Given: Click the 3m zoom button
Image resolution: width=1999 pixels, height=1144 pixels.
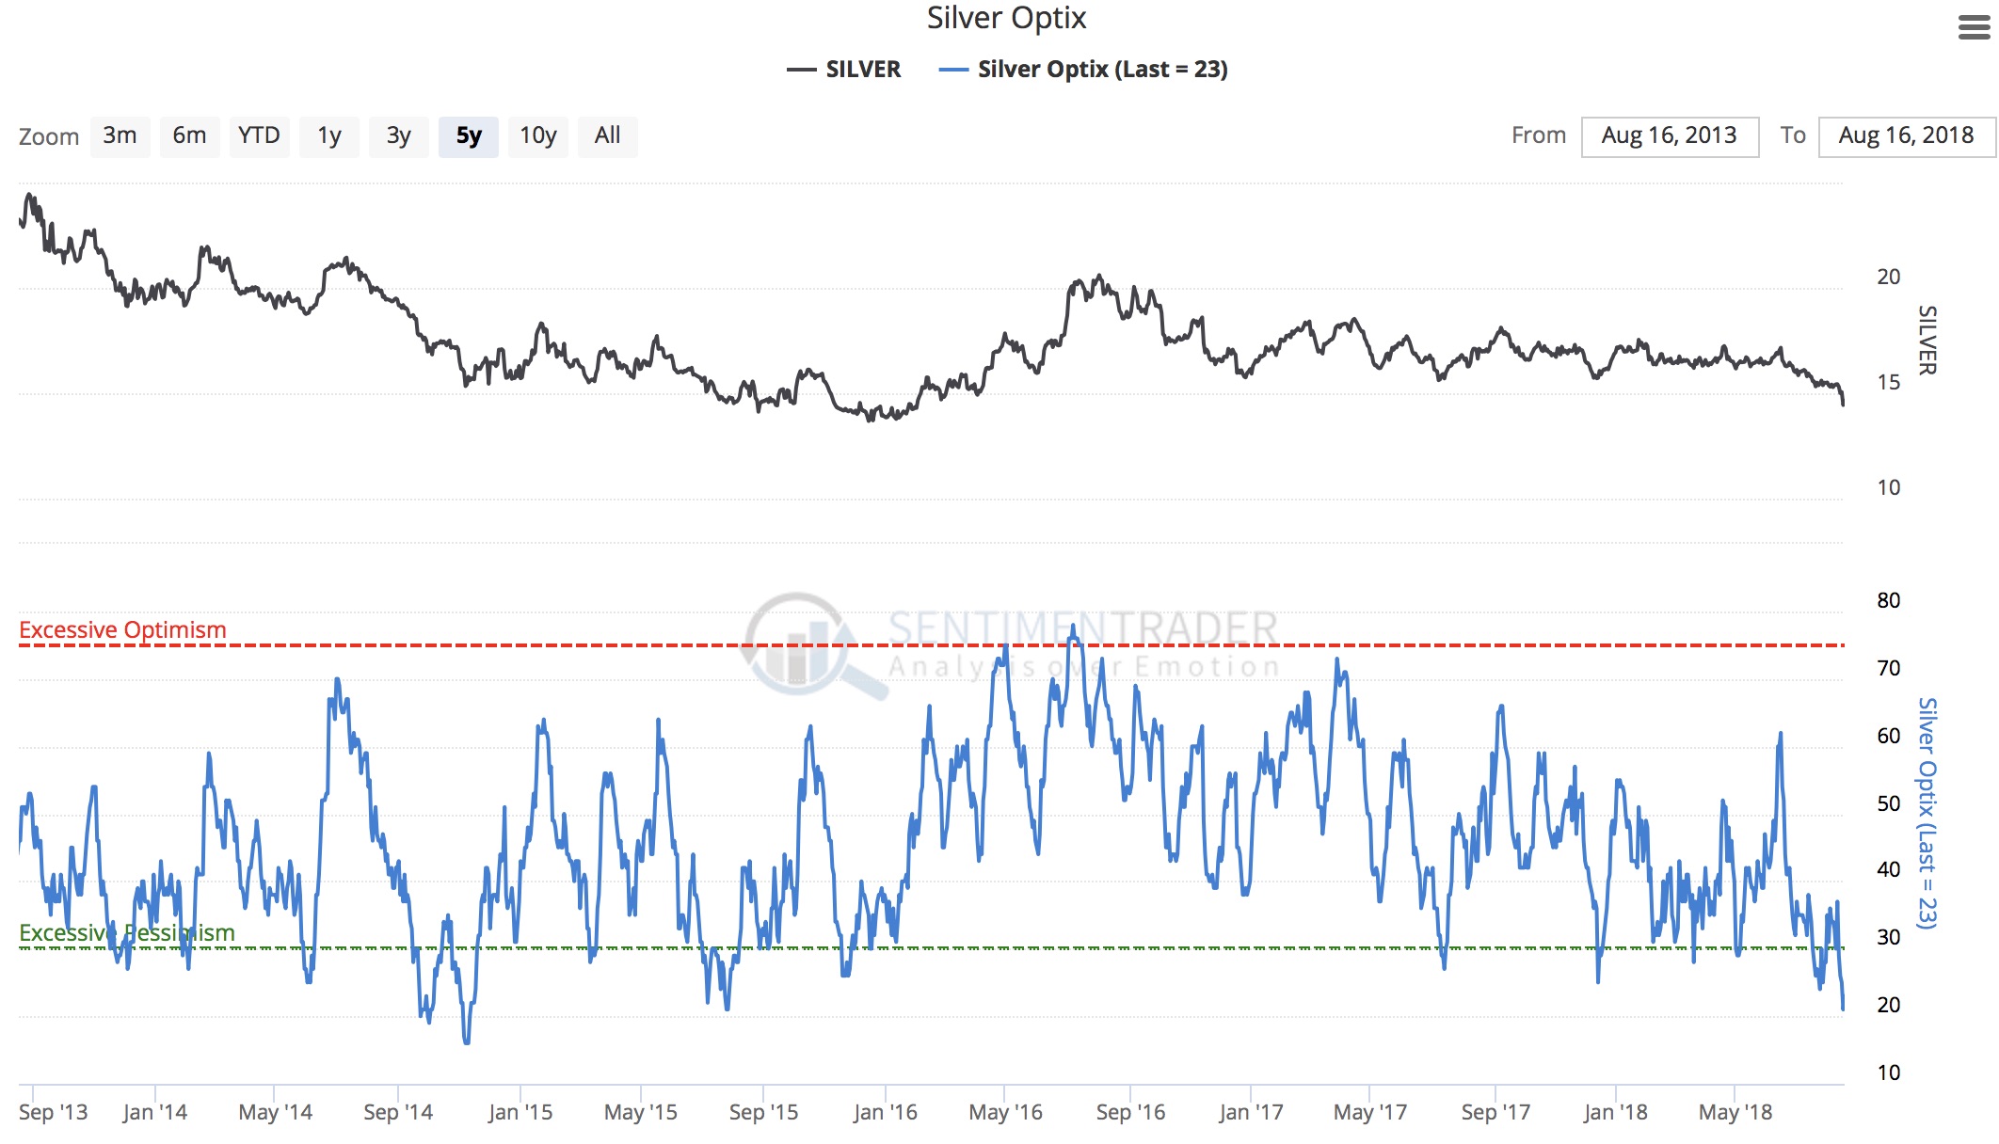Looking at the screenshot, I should point(120,136).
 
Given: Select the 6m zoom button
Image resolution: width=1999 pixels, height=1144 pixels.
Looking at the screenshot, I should point(189,136).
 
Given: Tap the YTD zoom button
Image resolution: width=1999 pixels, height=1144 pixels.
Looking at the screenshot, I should point(259,136).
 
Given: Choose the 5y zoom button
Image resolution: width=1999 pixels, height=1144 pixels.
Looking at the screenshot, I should point(469,136).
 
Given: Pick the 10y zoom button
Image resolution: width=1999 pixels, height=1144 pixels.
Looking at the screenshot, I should point(538,136).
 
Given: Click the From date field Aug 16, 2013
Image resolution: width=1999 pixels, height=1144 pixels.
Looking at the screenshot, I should point(1670,136).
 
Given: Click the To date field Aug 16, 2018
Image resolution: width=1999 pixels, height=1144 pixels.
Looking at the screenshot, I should point(1907,136).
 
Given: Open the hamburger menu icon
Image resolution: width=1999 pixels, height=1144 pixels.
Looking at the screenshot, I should point(1974,28).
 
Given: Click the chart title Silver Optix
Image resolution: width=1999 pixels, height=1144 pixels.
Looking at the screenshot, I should point(1006,18).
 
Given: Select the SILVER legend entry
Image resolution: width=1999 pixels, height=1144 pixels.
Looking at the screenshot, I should point(844,70).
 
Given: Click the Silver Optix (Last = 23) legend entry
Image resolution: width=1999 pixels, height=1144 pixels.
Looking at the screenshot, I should point(1084,70).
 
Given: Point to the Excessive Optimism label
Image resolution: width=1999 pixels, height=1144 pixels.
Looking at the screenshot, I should point(122,629).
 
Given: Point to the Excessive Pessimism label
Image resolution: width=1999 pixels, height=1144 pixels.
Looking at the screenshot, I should point(127,932).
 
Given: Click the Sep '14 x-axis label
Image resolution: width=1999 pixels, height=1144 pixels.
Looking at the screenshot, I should point(398,1112).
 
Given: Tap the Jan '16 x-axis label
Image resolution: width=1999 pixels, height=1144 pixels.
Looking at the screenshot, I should point(885,1112).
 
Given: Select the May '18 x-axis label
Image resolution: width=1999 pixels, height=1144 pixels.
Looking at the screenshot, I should point(1735,1112).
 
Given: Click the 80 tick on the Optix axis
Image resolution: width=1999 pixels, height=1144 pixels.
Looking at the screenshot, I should point(1888,600).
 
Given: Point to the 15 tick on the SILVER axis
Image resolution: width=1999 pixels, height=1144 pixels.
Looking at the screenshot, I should point(1888,382).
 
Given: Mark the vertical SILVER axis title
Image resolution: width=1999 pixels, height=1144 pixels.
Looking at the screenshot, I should point(1927,340).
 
